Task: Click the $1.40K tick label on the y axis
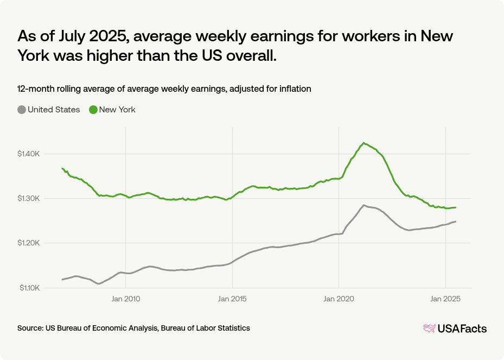tap(29, 154)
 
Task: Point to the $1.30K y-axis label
tap(29, 199)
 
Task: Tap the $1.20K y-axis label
tap(29, 243)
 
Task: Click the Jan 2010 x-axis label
tap(125, 299)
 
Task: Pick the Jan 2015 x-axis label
tap(232, 299)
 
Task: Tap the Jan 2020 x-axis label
tap(339, 299)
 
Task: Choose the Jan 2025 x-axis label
tap(445, 299)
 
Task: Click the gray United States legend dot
tap(22, 110)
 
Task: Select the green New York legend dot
tap(93, 110)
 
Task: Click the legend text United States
tap(54, 110)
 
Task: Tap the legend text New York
tap(117, 110)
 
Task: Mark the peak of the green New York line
tap(363, 143)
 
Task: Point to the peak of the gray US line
tap(363, 205)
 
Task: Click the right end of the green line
tap(456, 207)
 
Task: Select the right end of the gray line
tap(456, 222)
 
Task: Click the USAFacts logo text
tap(462, 329)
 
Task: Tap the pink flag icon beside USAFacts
tap(429, 329)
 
